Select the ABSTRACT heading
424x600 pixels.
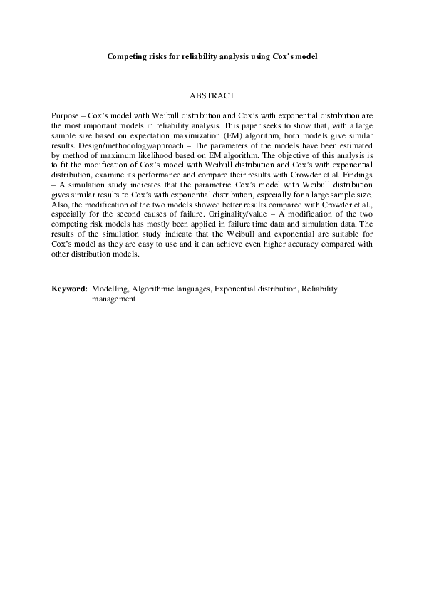pyautogui.click(x=212, y=95)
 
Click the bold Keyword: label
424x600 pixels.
pyautogui.click(x=69, y=289)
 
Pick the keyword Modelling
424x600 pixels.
pyautogui.click(x=110, y=289)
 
